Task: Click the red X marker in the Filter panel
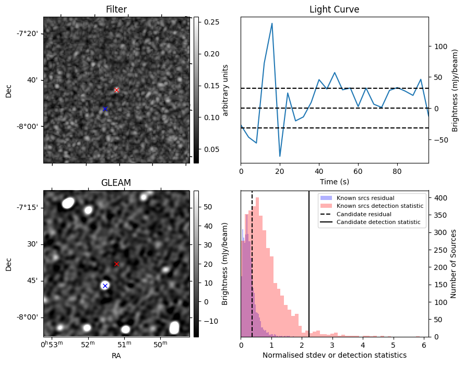tap(116, 90)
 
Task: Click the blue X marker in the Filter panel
tap(105, 109)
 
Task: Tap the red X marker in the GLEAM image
tap(116, 264)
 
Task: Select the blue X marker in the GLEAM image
tap(105, 286)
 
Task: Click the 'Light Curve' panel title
tap(335, 9)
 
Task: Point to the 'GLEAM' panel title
tap(116, 183)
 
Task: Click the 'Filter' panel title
tap(116, 9)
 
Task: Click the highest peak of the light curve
tap(271, 23)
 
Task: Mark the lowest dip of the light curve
tap(280, 156)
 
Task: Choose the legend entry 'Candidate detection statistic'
tap(378, 222)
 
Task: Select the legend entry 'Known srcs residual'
tap(365, 198)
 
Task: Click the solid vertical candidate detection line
tap(309, 264)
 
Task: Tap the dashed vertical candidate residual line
tap(252, 264)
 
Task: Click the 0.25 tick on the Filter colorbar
tap(211, 22)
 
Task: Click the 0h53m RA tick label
tap(52, 344)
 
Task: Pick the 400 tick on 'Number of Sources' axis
tap(441, 198)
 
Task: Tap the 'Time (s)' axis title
tap(335, 182)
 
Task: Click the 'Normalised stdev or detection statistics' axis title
tap(335, 355)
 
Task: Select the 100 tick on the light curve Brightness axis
tap(441, 46)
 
